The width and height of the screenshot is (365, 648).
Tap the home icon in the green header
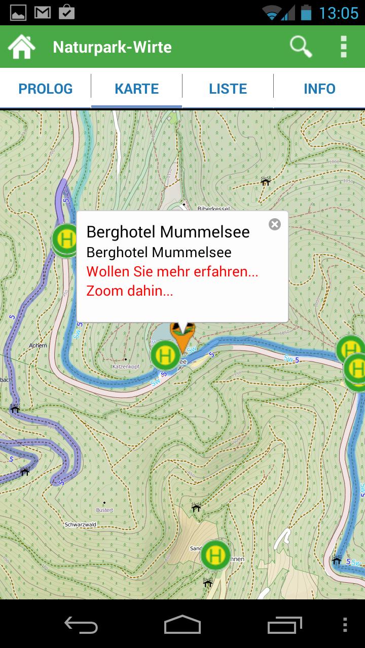[x=21, y=47]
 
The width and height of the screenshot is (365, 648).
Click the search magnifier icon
[x=301, y=47]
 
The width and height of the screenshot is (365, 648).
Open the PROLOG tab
[x=46, y=89]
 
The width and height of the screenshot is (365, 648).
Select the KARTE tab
[x=137, y=89]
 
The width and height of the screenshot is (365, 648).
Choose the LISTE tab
[x=228, y=89]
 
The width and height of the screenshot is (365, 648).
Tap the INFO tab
[x=319, y=89]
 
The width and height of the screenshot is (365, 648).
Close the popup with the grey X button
[x=275, y=224]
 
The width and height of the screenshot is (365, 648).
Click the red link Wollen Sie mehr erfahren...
[x=172, y=271]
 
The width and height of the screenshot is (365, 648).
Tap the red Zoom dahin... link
[x=130, y=291]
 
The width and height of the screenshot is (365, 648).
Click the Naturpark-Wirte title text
[x=112, y=47]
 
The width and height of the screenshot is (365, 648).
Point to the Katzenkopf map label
[x=126, y=366]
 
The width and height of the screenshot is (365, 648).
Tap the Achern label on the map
[x=38, y=345]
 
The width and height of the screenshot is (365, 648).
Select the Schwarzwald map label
[x=81, y=525]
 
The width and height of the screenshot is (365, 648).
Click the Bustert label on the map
[x=104, y=510]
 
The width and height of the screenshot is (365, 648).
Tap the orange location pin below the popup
[x=182, y=337]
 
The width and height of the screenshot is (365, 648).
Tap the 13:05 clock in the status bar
[x=338, y=13]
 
